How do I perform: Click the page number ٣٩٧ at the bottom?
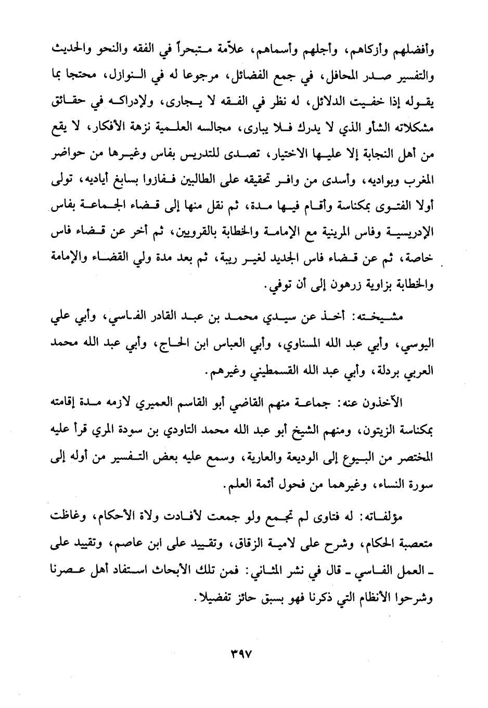click(x=244, y=651)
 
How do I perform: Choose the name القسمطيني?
click(x=245, y=373)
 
